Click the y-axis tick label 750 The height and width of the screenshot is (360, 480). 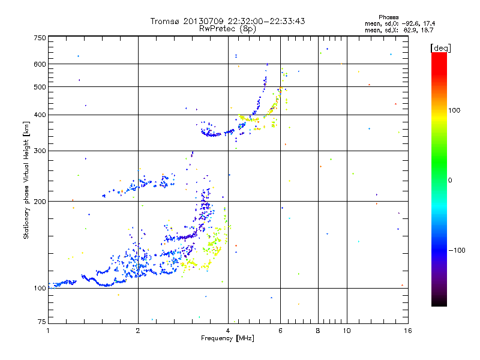click(40, 37)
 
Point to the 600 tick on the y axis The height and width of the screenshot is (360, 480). click(40, 64)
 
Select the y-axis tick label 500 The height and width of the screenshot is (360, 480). click(40, 87)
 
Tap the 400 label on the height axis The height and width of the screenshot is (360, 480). click(40, 115)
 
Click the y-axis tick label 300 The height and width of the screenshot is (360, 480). click(40, 151)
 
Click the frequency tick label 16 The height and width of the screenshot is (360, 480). click(407, 331)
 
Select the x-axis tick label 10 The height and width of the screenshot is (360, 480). click(346, 331)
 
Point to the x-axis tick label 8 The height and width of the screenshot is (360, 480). click(319, 331)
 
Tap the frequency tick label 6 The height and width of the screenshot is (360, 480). click(280, 331)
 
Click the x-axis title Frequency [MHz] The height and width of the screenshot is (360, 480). click(227, 339)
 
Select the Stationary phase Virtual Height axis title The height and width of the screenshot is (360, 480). click(26, 180)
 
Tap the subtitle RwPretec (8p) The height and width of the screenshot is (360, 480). click(227, 28)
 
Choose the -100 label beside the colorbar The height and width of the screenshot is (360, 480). click(456, 250)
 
